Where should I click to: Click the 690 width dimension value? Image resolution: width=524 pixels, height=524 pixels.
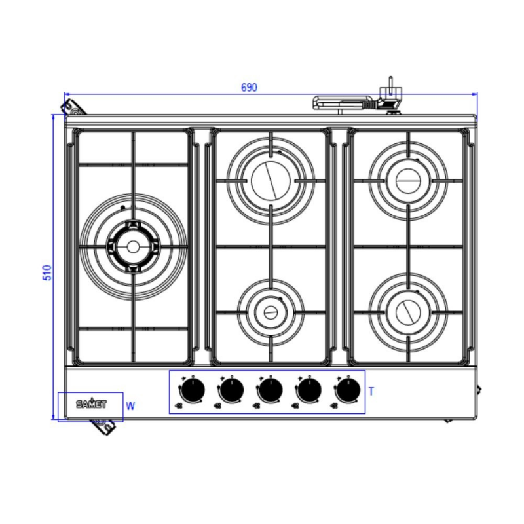(249, 88)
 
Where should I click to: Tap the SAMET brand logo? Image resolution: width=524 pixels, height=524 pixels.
(90, 404)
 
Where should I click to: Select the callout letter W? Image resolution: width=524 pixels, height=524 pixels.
(130, 406)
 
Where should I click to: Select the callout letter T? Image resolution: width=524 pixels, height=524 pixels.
(371, 392)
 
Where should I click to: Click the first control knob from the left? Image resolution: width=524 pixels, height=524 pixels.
(192, 391)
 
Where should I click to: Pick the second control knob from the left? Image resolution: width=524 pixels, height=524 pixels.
(231, 391)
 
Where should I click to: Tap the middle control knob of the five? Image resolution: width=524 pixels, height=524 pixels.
(269, 391)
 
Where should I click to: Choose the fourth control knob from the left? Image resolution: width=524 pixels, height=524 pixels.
(308, 391)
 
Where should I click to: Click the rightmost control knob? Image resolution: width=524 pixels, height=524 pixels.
(346, 391)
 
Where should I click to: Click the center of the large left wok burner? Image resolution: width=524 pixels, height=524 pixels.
(134, 246)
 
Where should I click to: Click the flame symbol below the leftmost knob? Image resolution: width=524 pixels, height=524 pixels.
(179, 406)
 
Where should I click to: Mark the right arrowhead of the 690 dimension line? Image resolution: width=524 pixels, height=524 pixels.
(475, 94)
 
